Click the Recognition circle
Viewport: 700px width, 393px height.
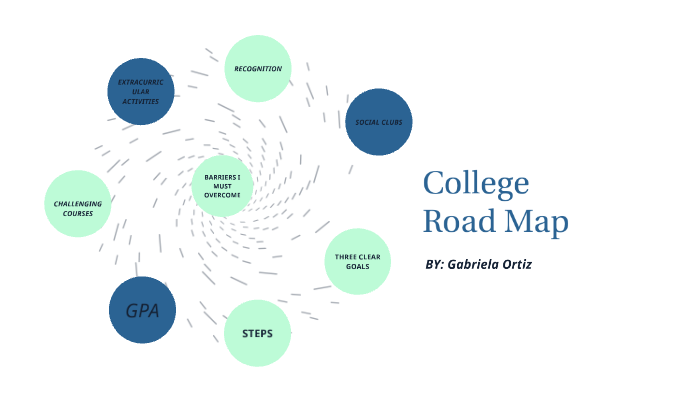(257, 69)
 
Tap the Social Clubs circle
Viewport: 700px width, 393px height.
(379, 122)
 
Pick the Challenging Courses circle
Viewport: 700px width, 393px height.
(78, 204)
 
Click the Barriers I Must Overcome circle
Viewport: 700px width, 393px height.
(223, 186)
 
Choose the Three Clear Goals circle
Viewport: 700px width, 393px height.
(359, 261)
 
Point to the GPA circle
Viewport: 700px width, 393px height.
(142, 310)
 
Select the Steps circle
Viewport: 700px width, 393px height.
(257, 333)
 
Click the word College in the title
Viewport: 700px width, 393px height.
(475, 184)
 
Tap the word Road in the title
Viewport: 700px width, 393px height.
(459, 221)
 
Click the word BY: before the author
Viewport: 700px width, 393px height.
(435, 265)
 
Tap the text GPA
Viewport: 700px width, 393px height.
(142, 310)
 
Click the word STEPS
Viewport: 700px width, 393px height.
(257, 333)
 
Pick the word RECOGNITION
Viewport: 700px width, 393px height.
(257, 69)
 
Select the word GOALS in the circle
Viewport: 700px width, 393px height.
(359, 267)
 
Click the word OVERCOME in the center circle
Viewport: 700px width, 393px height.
(223, 196)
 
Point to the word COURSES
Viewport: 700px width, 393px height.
(78, 213)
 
